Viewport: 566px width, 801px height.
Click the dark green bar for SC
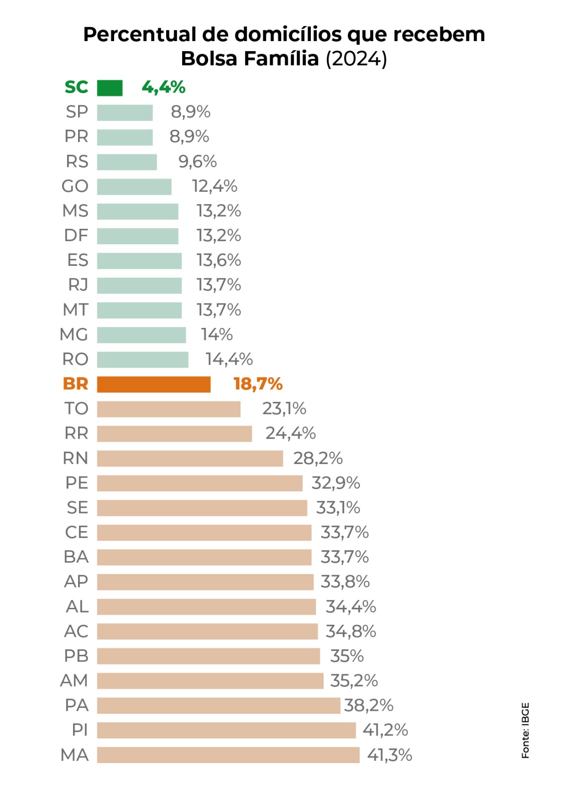tap(110, 88)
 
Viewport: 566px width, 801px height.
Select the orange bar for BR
tap(154, 384)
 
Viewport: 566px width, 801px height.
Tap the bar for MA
tap(228, 754)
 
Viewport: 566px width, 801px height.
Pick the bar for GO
tap(134, 187)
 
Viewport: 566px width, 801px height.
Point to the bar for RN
tap(190, 458)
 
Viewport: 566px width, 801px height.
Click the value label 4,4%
tap(163, 87)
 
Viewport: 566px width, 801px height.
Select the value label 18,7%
tap(258, 384)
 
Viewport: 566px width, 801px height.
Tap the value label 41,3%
tap(389, 754)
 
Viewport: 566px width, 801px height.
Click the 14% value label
tap(217, 334)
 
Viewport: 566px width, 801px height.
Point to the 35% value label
tap(347, 656)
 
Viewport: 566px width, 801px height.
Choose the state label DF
tap(76, 235)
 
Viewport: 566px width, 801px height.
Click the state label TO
tap(76, 409)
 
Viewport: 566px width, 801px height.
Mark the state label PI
tap(80, 730)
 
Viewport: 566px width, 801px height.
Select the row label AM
tap(74, 680)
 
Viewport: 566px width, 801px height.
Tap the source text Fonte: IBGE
tap(525, 730)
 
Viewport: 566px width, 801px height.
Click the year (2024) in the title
tap(356, 59)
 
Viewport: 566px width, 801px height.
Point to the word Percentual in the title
tap(140, 35)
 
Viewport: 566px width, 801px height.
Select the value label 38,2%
tap(369, 705)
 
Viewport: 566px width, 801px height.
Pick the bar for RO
tap(143, 359)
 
